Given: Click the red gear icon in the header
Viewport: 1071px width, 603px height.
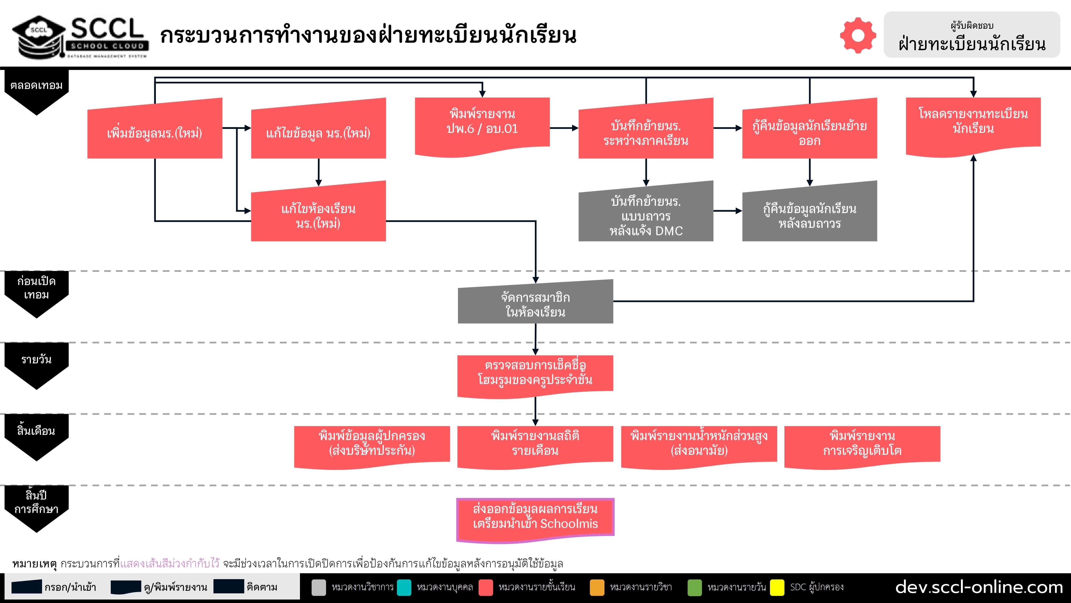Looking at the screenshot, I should click(x=858, y=35).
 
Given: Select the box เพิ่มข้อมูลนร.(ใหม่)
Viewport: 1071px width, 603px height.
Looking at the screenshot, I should click(x=155, y=132).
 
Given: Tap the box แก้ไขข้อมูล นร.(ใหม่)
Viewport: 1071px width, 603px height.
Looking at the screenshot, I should click(x=318, y=132).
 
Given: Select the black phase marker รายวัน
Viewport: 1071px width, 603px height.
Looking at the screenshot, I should click(x=37, y=362).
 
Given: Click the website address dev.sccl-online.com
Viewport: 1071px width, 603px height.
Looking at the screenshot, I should click(x=979, y=587).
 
